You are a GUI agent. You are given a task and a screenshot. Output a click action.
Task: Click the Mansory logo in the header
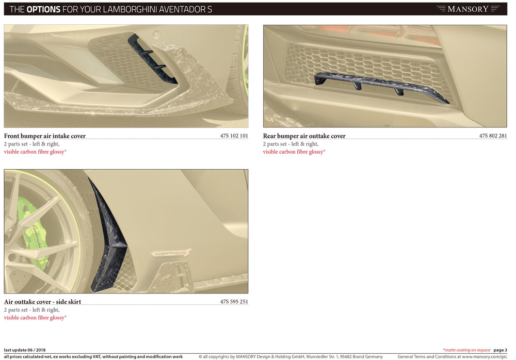pos(468,9)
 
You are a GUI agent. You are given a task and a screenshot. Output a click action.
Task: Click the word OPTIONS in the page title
pos(43,9)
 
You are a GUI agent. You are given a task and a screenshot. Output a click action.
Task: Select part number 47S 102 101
pos(234,136)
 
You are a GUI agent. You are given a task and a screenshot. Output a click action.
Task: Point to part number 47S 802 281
pos(493,136)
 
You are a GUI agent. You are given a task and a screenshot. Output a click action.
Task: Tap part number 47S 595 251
pos(234,301)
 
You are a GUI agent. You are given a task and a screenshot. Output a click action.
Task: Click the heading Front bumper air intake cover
pos(45,136)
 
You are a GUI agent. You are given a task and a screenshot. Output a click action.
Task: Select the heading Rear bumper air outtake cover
pos(304,136)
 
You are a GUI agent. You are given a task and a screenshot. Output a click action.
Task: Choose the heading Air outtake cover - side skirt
pos(42,302)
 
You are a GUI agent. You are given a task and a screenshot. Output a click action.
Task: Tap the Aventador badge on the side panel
pos(171,253)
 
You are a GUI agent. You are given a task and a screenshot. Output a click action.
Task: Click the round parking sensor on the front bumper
pos(157,34)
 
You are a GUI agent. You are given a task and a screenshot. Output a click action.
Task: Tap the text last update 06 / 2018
pos(25,350)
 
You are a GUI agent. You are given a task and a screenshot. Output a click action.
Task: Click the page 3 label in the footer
pos(500,350)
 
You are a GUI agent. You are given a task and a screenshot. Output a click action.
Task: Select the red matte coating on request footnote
pos(466,350)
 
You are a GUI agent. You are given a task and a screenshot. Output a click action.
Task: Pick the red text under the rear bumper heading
pos(294,152)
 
